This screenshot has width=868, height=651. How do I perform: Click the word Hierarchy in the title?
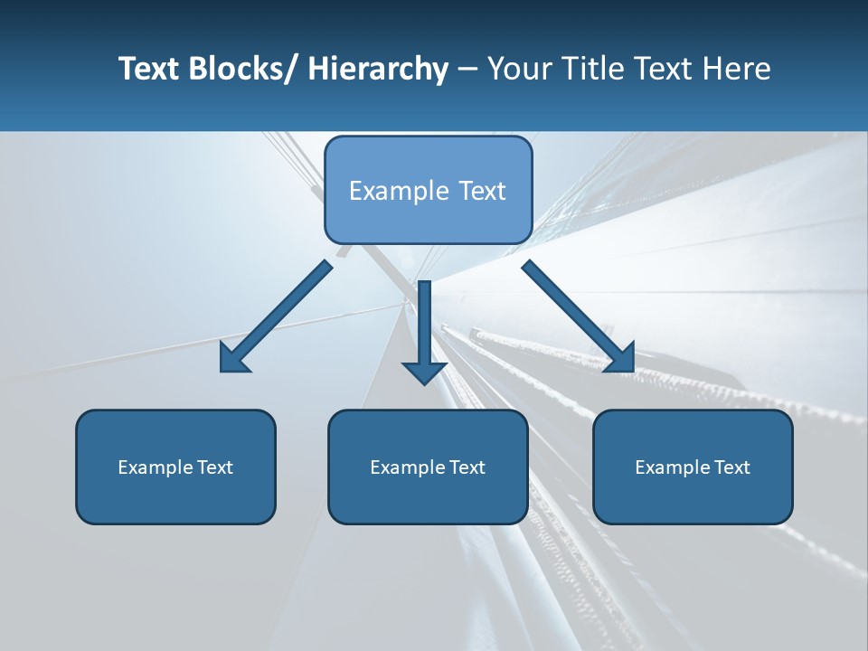click(x=378, y=69)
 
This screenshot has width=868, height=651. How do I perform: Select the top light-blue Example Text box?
click(x=428, y=190)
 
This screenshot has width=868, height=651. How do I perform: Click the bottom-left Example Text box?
click(x=175, y=467)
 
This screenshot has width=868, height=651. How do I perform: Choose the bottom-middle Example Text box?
click(x=428, y=467)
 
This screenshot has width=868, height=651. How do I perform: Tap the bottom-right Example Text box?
click(x=693, y=467)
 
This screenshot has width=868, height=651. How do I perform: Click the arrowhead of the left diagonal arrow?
click(x=233, y=359)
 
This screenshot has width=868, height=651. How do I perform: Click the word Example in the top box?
click(x=386, y=191)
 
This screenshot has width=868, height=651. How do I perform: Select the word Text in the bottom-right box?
click(x=731, y=467)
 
